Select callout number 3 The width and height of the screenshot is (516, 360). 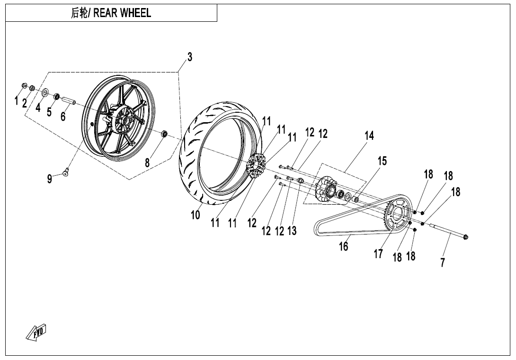[190, 57]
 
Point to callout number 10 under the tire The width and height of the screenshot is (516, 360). [196, 215]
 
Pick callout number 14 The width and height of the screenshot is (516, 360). [369, 136]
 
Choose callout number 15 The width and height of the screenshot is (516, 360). [382, 161]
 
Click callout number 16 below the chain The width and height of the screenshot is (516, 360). [344, 246]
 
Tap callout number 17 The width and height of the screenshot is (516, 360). [378, 254]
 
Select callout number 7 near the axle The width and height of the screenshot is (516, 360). [443, 262]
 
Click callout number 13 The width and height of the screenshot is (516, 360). [292, 231]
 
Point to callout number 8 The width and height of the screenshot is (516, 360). [147, 162]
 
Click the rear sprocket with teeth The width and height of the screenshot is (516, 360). [397, 216]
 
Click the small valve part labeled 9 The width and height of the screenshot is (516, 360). [67, 172]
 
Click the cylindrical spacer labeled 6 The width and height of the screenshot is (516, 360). [68, 101]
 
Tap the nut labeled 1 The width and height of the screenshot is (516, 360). [24, 85]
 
